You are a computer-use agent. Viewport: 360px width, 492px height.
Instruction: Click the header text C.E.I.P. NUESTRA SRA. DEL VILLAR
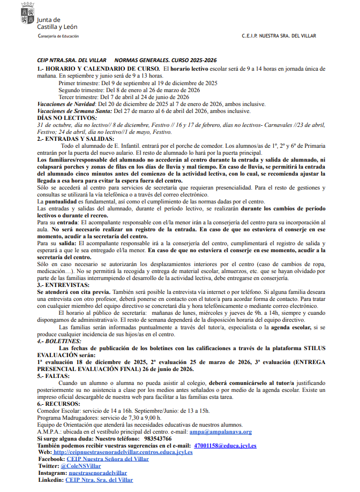click(279, 36)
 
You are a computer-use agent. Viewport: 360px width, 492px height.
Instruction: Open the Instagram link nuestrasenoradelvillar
click(97, 473)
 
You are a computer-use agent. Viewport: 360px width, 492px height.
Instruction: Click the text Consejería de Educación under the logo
click(58, 36)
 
